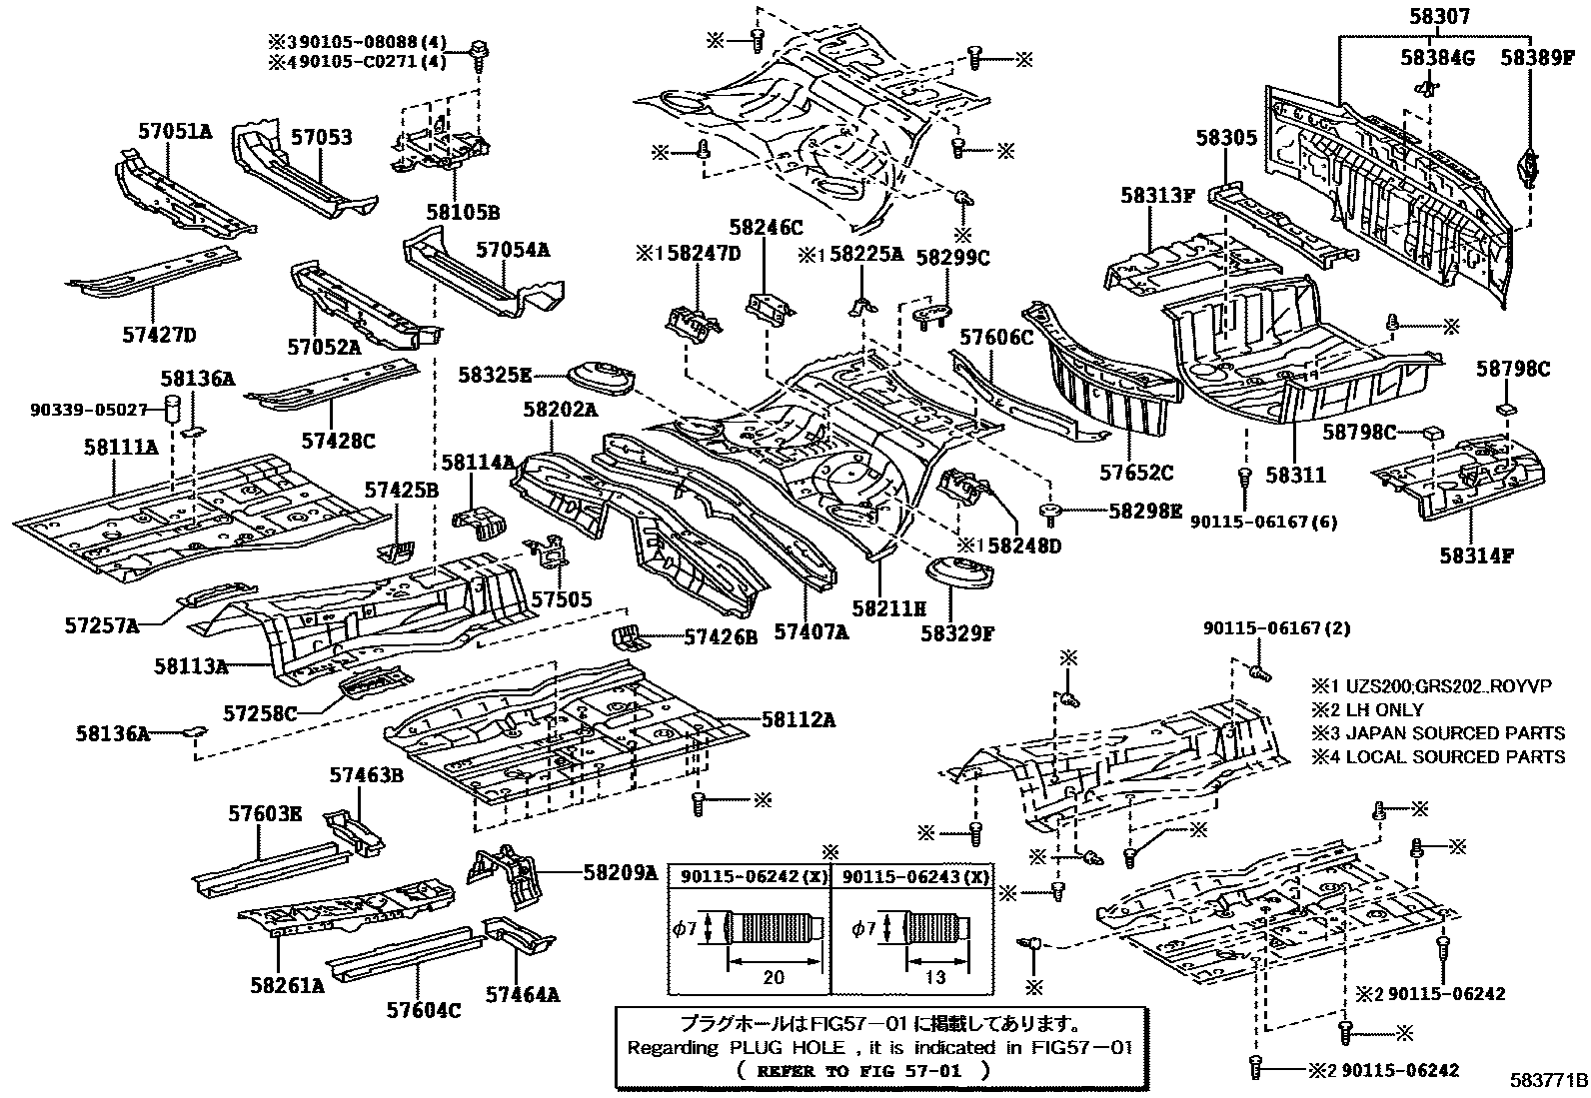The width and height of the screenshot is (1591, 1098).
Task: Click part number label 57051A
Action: [175, 131]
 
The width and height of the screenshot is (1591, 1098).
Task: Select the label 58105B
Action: [462, 212]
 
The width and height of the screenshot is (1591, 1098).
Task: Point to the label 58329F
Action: [957, 632]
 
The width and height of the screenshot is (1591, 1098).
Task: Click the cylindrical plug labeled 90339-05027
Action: [174, 409]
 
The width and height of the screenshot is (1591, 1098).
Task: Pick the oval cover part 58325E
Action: [601, 381]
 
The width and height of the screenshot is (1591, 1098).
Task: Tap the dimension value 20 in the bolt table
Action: [773, 977]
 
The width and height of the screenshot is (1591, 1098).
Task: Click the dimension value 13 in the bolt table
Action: [935, 977]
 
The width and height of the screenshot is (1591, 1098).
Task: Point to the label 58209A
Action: [620, 872]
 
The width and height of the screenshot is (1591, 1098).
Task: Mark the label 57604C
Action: [424, 1010]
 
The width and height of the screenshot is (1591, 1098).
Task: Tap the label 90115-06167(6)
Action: [1264, 522]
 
